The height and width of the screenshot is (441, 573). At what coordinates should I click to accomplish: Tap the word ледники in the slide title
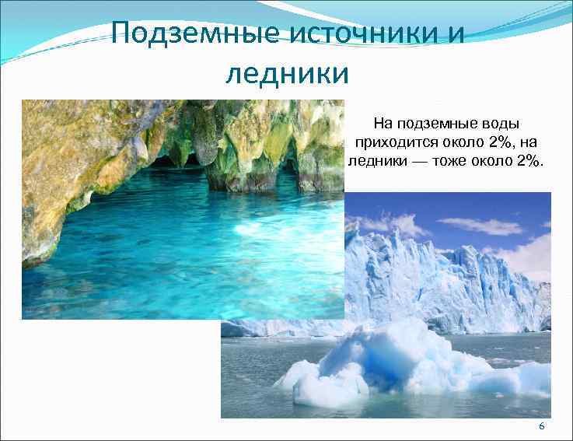pos(287,74)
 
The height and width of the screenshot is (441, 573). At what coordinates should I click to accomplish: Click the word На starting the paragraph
pos(383,123)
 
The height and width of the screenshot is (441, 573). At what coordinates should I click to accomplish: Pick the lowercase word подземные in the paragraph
pos(436,123)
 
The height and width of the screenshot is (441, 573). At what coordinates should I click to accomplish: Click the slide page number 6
pos(541,428)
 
